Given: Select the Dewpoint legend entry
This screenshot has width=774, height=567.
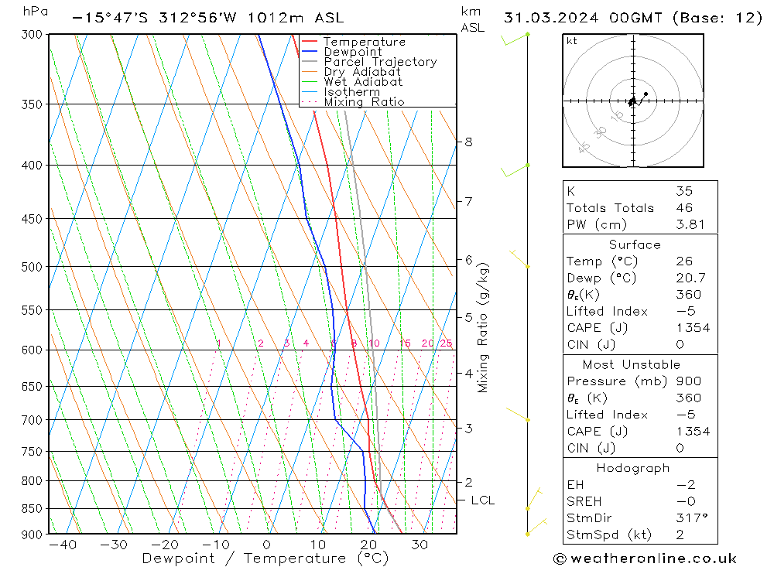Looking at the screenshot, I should [x=352, y=52].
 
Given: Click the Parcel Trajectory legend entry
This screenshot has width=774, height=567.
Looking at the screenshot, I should [x=380, y=62].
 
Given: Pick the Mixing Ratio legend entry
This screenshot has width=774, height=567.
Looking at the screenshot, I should [x=364, y=102].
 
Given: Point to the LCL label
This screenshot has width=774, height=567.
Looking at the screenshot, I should [x=482, y=500].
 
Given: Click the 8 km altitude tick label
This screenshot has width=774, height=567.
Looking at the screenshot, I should [x=468, y=142].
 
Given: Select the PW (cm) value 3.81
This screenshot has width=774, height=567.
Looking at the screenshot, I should [x=689, y=225].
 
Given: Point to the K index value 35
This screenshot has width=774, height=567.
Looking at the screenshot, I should [x=683, y=191].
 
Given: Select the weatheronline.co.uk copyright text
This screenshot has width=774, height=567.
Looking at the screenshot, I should [x=646, y=558].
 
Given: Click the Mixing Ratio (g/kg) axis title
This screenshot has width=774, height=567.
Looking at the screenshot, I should [x=484, y=327].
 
